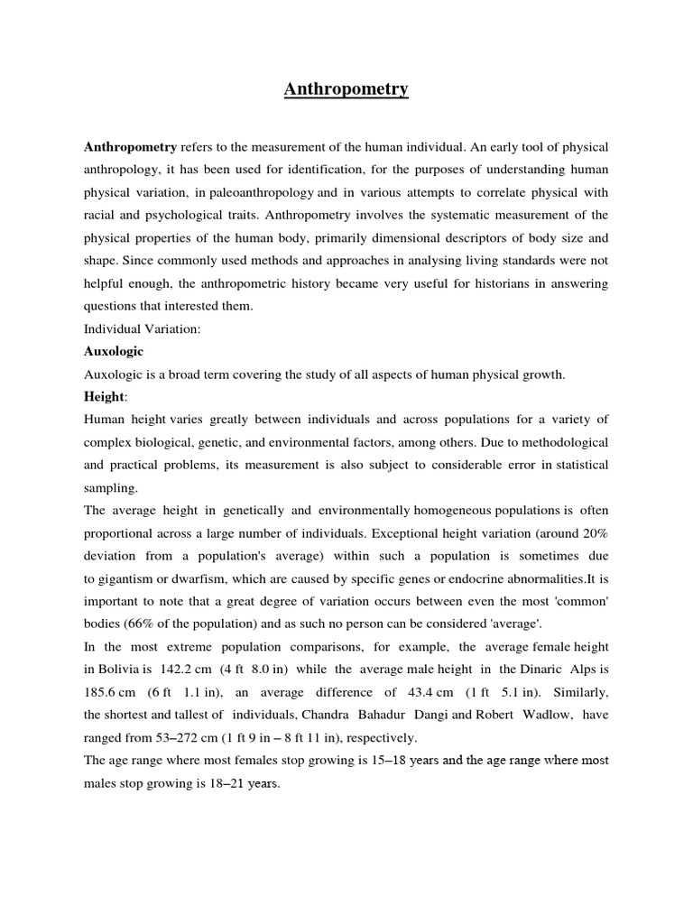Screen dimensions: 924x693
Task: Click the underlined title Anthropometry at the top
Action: tap(346, 88)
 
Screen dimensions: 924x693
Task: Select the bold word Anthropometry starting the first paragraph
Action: tap(131, 146)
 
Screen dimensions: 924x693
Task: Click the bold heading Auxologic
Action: tap(114, 351)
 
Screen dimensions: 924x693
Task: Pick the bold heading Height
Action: tap(104, 397)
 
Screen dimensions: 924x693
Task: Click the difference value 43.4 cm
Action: tap(414, 692)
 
